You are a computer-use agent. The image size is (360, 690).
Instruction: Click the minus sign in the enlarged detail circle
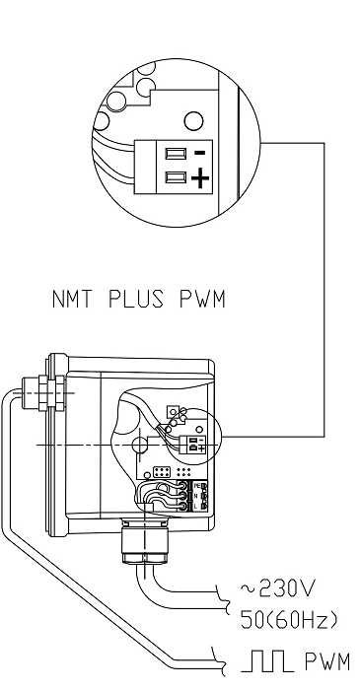point(199,154)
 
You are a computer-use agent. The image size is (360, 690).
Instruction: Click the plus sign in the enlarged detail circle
point(199,178)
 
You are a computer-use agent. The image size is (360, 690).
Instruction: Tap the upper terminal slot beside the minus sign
point(177,154)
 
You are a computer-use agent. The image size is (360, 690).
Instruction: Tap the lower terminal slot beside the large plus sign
point(177,178)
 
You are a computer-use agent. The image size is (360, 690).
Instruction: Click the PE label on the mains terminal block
point(198,486)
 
